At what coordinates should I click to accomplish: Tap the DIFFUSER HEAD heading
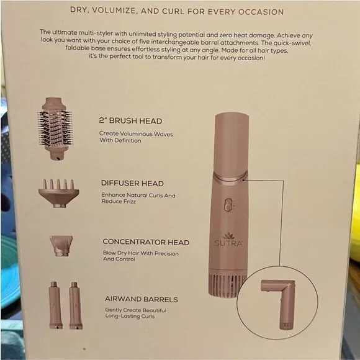132,183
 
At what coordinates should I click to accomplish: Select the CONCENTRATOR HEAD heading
145,242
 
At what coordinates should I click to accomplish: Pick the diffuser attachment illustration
57,192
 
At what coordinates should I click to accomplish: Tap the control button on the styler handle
228,204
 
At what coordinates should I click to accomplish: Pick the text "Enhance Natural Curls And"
138,196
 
